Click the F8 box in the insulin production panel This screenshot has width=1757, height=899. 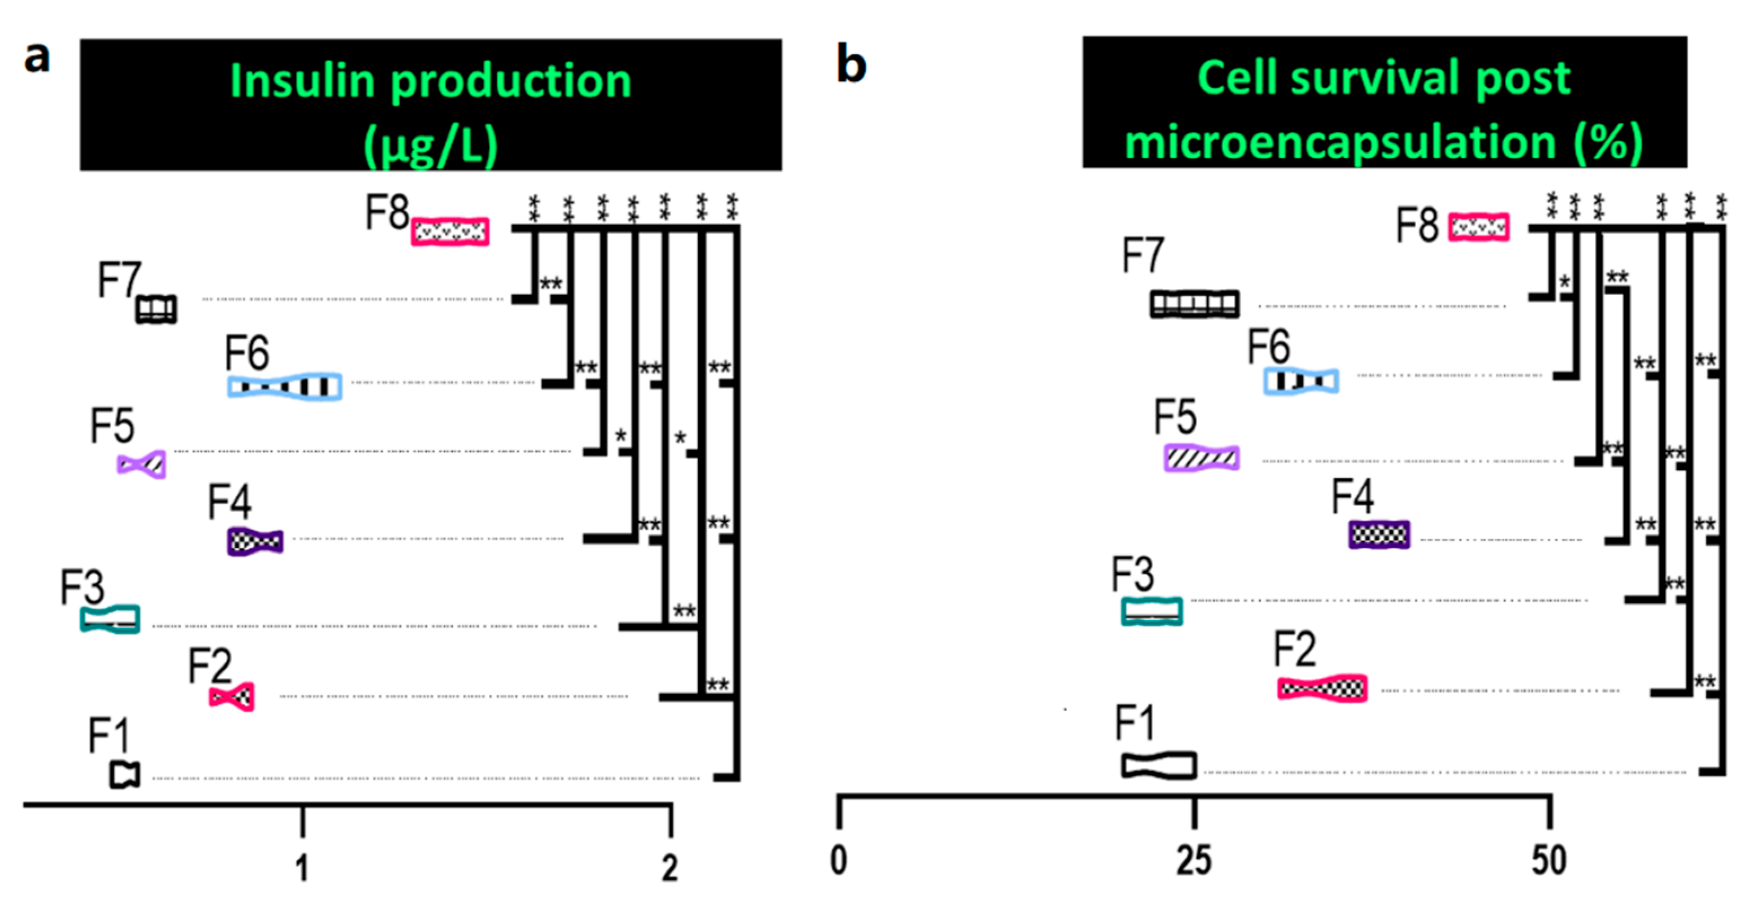[450, 232]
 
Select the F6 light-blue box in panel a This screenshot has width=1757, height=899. [284, 386]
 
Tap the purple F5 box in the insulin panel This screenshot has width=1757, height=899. [141, 464]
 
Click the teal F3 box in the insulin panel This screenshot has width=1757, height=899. [111, 619]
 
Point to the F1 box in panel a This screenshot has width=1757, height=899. [125, 774]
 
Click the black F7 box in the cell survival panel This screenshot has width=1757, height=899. [1194, 304]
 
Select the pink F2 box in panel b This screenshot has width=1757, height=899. [1322, 688]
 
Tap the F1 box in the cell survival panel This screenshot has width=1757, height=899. [1159, 765]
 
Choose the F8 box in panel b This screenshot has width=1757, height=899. [1479, 227]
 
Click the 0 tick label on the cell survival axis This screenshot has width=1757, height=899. [839, 860]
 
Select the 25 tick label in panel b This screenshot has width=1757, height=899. [1194, 860]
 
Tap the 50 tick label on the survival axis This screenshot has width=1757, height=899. [1549, 860]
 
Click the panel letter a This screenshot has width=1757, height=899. [37, 58]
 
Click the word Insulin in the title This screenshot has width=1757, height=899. [301, 81]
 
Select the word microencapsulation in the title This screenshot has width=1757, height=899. [1339, 143]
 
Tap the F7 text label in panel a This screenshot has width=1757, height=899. [119, 280]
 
